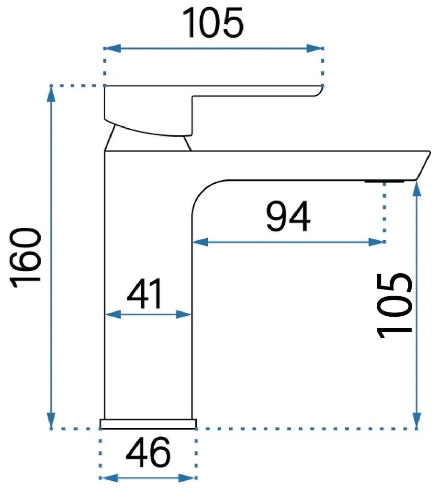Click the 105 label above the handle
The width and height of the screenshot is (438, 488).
(213, 23)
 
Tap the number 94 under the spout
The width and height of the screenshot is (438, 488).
(288, 216)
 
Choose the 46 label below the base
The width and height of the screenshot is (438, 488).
(148, 452)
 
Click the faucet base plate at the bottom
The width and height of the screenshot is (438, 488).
(148, 423)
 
